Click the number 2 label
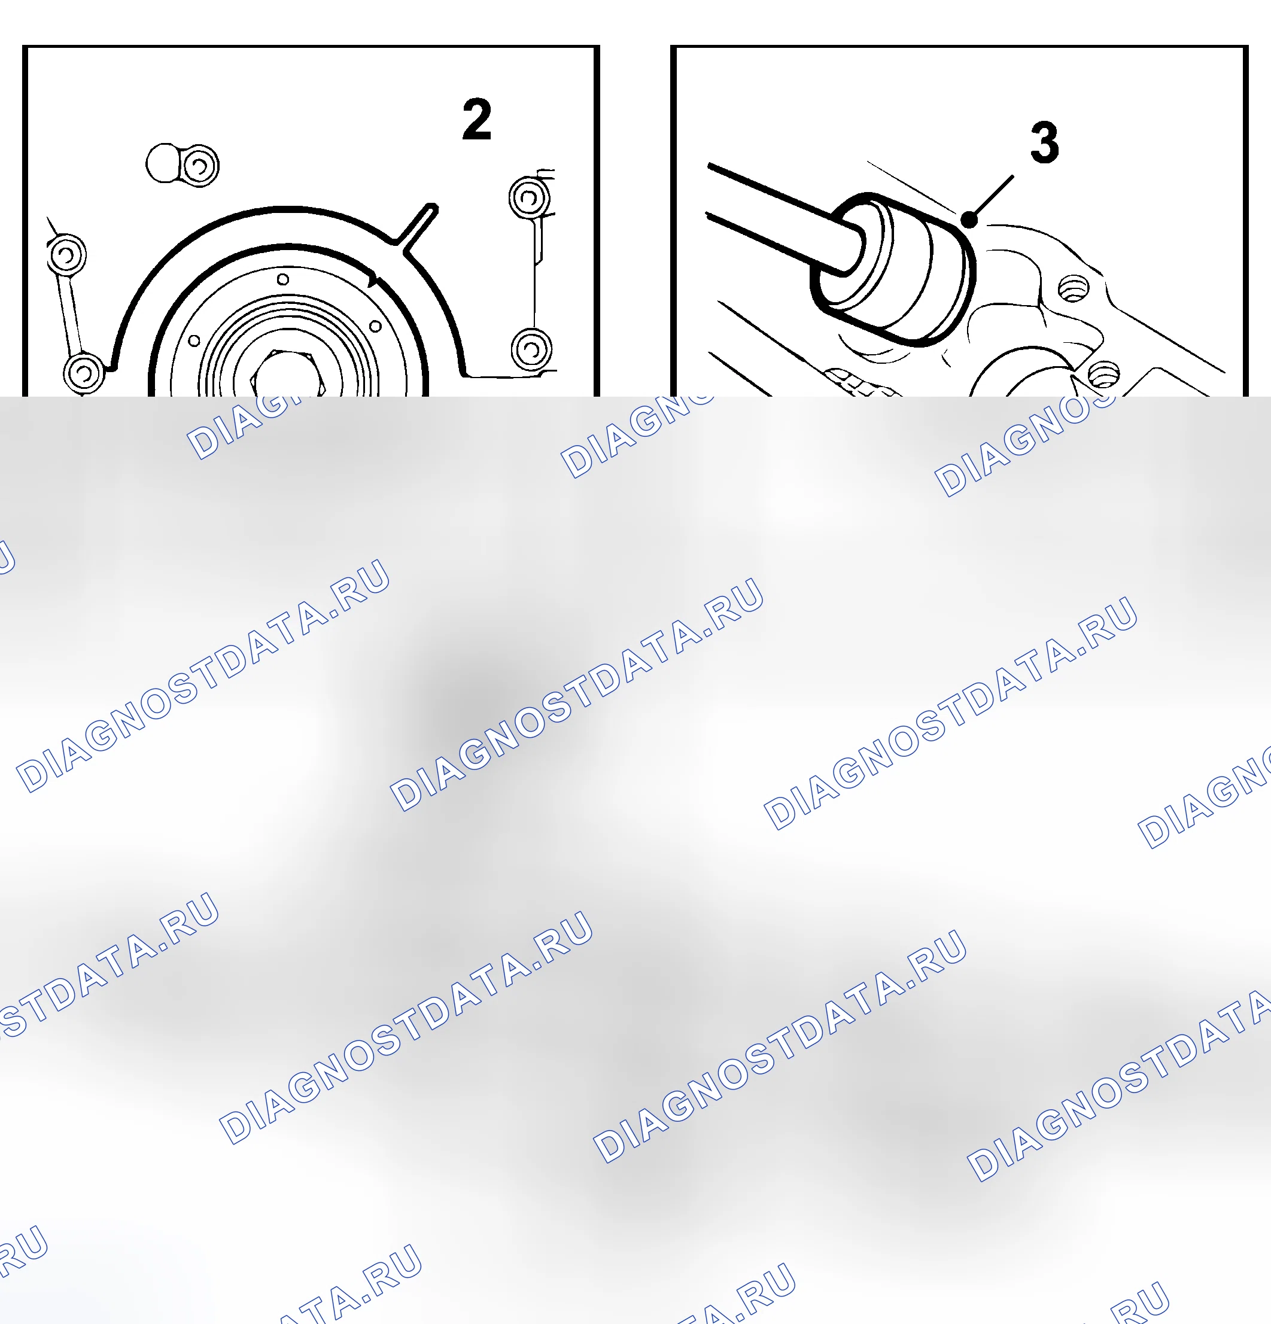pyautogui.click(x=476, y=119)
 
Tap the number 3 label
pyautogui.click(x=1045, y=142)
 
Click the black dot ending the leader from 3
pyautogui.click(x=969, y=220)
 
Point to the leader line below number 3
pyautogui.click(x=992, y=198)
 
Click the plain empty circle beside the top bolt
pyautogui.click(x=163, y=163)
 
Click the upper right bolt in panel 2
pyautogui.click(x=529, y=197)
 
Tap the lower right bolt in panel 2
pyautogui.click(x=531, y=349)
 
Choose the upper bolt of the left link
pyautogui.click(x=66, y=255)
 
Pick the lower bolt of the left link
pyautogui.click(x=84, y=372)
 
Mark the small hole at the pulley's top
pyautogui.click(x=283, y=279)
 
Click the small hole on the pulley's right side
pyautogui.click(x=375, y=326)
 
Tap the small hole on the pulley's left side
pyautogui.click(x=194, y=340)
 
